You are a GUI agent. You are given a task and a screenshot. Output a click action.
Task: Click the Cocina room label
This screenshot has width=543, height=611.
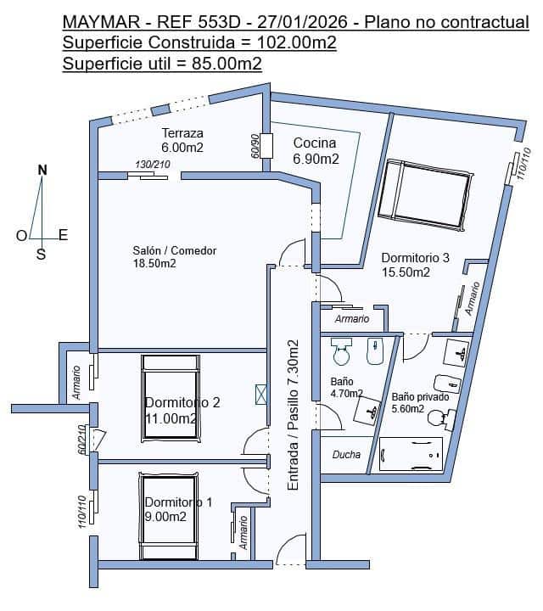tap(315, 143)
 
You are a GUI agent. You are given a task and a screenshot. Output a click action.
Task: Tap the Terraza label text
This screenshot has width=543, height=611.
tap(182, 133)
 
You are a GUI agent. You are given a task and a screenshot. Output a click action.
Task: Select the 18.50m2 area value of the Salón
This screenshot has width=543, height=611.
tap(154, 263)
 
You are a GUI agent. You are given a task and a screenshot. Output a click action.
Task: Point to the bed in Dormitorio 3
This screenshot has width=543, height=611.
tap(425, 194)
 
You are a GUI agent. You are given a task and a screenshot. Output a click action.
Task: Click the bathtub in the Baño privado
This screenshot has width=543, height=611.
tap(411, 454)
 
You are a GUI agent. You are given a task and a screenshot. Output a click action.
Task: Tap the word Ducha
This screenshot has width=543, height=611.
tap(346, 454)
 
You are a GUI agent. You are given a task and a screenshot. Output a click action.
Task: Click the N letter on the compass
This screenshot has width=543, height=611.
tap(42, 170)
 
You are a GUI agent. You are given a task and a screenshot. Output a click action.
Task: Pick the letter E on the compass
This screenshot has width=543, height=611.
tap(63, 235)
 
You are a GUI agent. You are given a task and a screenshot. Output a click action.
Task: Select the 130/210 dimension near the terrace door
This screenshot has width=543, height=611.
tap(153, 165)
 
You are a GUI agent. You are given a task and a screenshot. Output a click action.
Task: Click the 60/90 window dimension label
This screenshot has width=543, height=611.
tap(255, 146)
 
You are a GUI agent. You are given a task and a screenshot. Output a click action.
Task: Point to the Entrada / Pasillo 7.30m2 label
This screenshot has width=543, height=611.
tap(293, 415)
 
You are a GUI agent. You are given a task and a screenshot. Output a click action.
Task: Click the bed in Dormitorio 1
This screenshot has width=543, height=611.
tap(169, 516)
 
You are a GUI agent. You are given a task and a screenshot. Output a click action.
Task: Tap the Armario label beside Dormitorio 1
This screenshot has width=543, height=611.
tap(243, 533)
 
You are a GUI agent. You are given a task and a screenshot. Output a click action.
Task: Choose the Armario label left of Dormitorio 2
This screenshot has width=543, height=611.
tap(76, 383)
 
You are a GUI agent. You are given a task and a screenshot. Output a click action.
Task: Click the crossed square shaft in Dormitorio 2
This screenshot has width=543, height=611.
tap(260, 394)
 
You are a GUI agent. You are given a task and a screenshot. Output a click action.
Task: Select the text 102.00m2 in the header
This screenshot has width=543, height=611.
tap(296, 42)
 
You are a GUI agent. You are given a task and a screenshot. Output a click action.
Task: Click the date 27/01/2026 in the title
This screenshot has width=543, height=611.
tap(302, 22)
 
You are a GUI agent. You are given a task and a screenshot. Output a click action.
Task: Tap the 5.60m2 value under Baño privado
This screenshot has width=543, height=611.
tap(408, 409)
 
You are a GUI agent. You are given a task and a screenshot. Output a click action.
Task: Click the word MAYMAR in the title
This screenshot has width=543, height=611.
tap(101, 22)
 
